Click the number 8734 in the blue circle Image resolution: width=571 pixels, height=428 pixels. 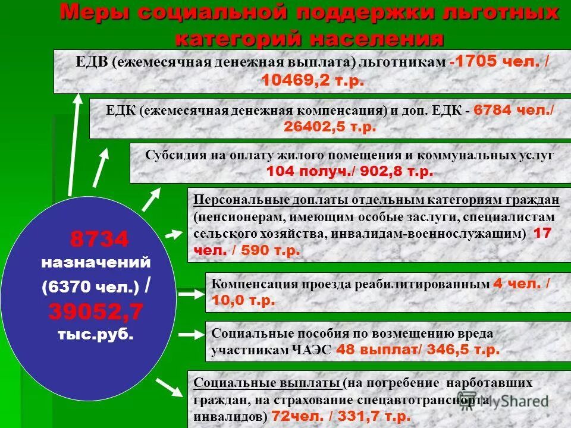[x=99, y=240]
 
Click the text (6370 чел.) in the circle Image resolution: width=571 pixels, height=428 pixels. [x=90, y=287]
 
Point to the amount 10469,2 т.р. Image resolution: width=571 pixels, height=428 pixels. [x=312, y=81]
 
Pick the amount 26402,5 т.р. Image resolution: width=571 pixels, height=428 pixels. [x=330, y=127]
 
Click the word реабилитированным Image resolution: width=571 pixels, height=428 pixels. [x=422, y=284]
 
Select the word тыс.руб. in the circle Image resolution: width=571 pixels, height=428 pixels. [x=95, y=334]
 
